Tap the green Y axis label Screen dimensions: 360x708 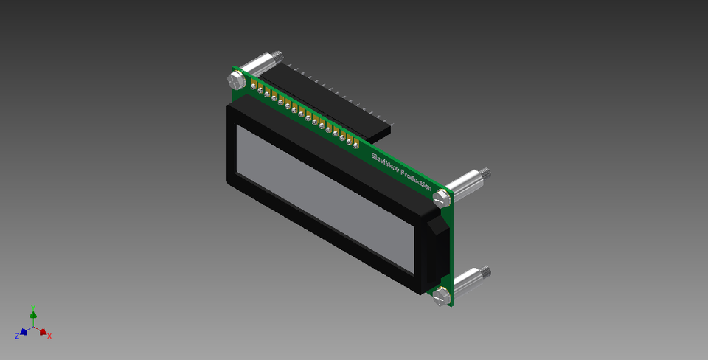point(33,307)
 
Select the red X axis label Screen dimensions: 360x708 point(49,336)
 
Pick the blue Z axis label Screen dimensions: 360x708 point(16,336)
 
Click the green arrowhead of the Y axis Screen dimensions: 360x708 point(33,315)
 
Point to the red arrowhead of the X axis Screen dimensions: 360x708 point(43,332)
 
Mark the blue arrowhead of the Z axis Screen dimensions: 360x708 point(24,332)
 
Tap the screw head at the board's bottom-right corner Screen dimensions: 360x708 point(441,297)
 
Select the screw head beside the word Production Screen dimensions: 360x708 point(442,198)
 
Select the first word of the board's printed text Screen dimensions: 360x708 point(384,160)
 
